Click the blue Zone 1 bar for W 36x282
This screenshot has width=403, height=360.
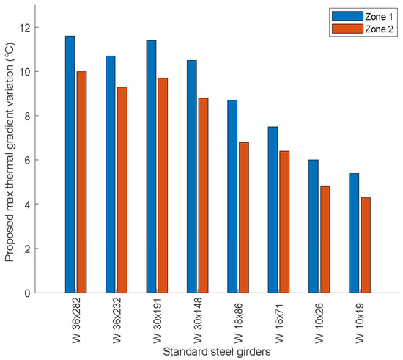click(x=70, y=164)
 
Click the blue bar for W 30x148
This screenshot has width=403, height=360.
click(x=192, y=177)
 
